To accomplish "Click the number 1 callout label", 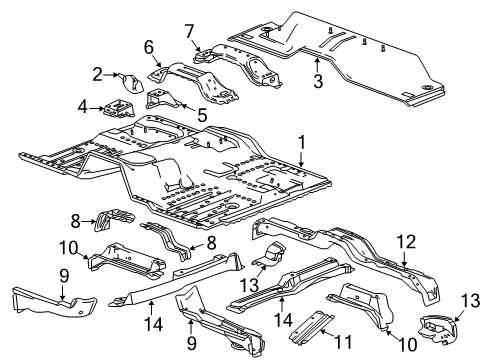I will click(x=301, y=143).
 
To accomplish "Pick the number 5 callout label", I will click(x=202, y=117).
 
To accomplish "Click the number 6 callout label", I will click(x=148, y=47).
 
